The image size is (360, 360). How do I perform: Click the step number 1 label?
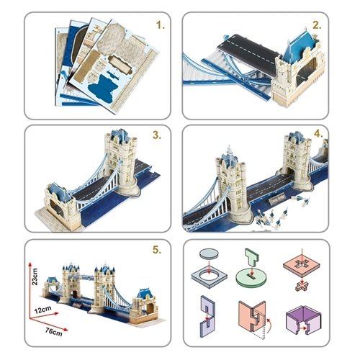coord(160,25)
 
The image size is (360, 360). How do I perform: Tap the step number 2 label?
coord(317,25)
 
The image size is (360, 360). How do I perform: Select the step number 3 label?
coord(157,135)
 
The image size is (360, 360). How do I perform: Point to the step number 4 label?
coord(318,134)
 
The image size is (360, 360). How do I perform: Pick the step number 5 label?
coord(157,250)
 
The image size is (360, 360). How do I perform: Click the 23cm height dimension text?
coord(35,276)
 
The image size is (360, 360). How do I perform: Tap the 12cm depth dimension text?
coord(42,310)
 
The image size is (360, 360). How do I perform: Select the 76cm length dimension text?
coord(54,332)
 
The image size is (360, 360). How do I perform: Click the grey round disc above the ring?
coord(209,253)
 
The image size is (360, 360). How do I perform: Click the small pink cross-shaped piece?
coord(302,287)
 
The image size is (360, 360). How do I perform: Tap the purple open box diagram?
coord(303,320)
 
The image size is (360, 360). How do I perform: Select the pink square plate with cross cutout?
coord(302,265)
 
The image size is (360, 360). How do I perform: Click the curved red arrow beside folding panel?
coord(269,325)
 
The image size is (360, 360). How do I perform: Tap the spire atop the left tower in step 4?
coord(230,152)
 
